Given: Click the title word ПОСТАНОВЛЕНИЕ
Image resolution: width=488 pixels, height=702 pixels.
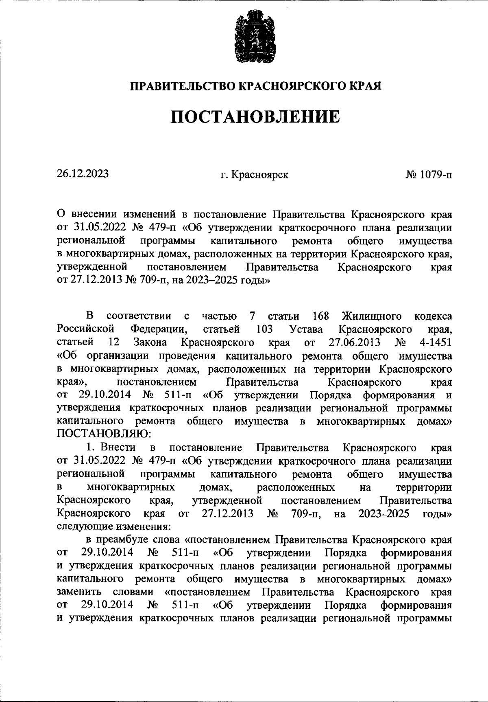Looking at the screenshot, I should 255,116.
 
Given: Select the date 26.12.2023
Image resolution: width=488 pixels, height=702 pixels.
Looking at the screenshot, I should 83,173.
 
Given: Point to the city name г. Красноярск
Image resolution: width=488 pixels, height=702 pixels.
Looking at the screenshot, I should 255,175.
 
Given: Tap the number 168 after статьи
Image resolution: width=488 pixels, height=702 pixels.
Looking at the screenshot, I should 320,316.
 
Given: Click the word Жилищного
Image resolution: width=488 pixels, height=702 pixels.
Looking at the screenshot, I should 372,316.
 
